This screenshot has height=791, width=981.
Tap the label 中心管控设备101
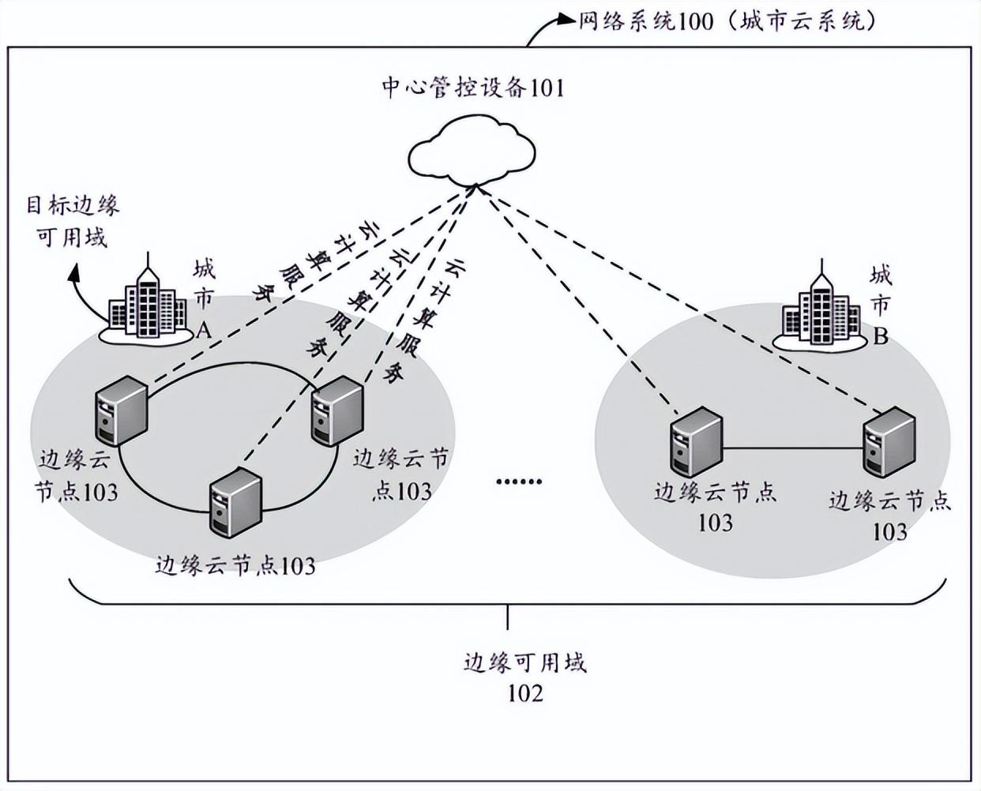click(473, 87)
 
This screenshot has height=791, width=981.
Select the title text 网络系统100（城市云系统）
click(727, 21)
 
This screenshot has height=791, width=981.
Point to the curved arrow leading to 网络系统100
click(545, 28)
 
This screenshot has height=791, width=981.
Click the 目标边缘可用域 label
click(72, 221)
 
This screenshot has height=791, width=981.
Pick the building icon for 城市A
click(146, 304)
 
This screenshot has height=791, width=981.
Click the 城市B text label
click(880, 306)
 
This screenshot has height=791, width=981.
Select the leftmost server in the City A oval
click(120, 410)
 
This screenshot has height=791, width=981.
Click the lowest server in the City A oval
click(235, 502)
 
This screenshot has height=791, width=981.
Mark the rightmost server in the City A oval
click(337, 411)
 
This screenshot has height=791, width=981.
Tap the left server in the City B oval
click(696, 442)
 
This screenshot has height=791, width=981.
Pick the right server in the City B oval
click(888, 442)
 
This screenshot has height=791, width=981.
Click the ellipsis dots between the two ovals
click(519, 481)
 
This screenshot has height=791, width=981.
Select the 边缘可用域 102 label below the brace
click(525, 677)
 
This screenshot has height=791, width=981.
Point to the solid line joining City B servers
click(792, 449)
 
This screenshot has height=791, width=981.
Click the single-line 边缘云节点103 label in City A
click(235, 565)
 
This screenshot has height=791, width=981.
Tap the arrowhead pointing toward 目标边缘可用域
click(74, 273)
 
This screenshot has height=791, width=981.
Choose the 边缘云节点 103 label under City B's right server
click(889, 515)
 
